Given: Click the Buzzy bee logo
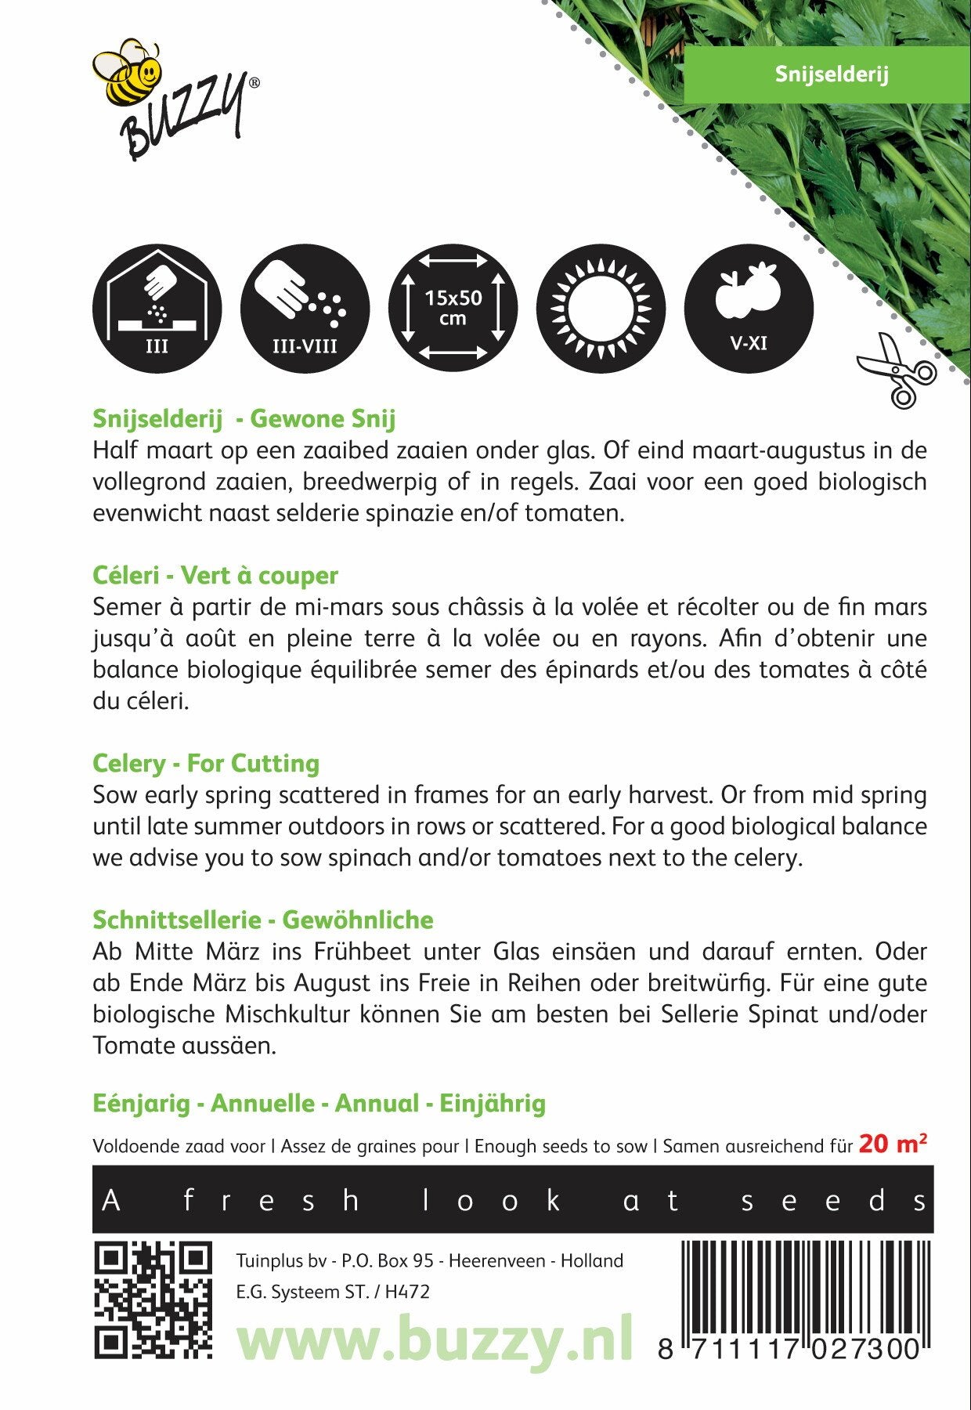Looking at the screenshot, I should point(175,99).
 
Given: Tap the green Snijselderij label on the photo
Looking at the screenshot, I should point(831,74).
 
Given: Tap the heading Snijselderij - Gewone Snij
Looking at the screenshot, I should point(244,418).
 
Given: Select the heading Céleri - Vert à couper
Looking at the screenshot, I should point(215,575).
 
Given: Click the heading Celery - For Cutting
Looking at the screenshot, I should point(206,763).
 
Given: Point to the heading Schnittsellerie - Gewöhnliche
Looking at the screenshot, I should point(262,920).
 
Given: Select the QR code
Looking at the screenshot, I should point(153,1300).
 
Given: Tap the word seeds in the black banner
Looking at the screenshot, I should point(834,1201).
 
